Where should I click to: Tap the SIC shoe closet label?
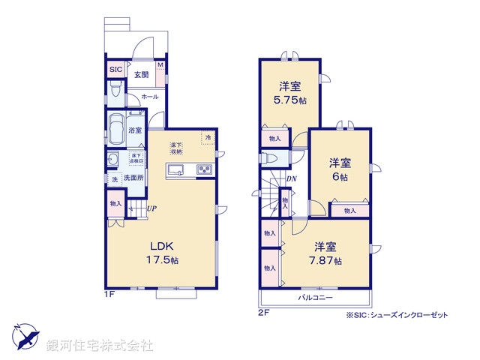pyautogui.click(x=115, y=70)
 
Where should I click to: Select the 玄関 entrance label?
pyautogui.click(x=140, y=74)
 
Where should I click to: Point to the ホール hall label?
pyautogui.click(x=149, y=97)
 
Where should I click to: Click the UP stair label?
pyautogui.click(x=151, y=208)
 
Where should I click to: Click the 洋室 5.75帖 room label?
pyautogui.click(x=289, y=92)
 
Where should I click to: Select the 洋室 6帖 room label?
pyautogui.click(x=339, y=170)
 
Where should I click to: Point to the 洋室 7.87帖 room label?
pyautogui.click(x=326, y=253)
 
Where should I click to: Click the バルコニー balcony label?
pyautogui.click(x=315, y=299)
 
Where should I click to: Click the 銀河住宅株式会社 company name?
pyautogui.click(x=100, y=346)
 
